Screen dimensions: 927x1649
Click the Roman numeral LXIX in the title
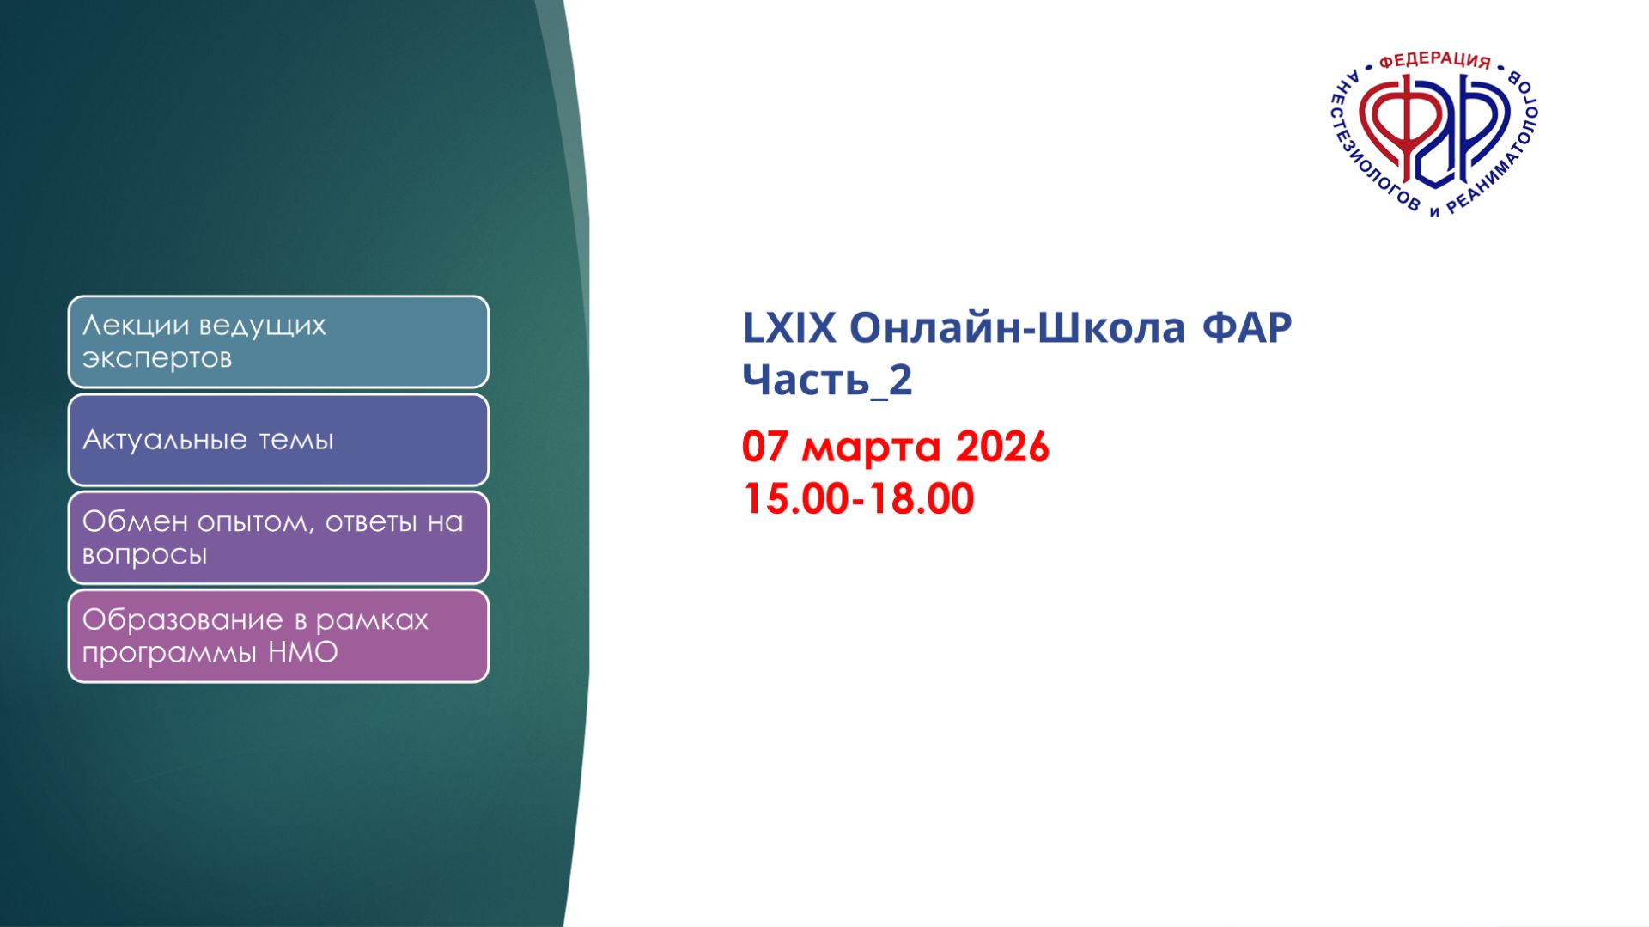(x=788, y=328)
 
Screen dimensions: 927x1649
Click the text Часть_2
(x=826, y=380)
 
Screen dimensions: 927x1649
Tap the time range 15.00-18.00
(x=858, y=499)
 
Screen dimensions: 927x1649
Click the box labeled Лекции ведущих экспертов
(x=278, y=342)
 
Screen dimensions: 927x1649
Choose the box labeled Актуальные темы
(x=278, y=440)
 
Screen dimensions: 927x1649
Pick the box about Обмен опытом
(x=278, y=538)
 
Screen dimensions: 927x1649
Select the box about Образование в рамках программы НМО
(x=278, y=636)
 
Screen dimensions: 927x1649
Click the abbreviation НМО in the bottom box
(x=303, y=653)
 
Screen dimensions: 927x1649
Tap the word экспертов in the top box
(x=156, y=358)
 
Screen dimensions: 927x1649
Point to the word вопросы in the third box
(x=144, y=555)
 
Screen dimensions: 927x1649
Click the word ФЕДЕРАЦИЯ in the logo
(x=1434, y=61)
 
